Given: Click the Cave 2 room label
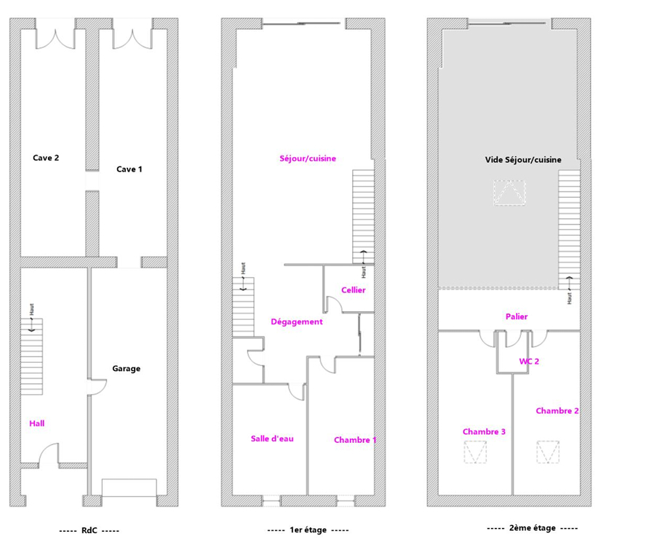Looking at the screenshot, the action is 46,158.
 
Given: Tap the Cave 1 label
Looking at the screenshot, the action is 129,169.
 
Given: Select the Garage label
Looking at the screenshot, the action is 127,369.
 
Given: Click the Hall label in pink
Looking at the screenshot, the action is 37,423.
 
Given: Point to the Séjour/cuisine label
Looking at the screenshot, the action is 308,159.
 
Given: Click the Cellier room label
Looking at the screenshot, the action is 354,290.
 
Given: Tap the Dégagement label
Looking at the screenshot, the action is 297,321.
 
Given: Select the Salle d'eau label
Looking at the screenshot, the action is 272,439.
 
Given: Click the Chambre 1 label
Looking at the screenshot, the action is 355,440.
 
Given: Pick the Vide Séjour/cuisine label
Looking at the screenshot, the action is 523,160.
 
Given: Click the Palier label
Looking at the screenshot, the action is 517,316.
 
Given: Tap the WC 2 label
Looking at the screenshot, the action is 530,361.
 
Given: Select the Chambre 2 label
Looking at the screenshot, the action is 557,411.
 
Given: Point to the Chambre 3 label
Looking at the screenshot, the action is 484,432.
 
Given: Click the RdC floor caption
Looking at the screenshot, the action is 89,531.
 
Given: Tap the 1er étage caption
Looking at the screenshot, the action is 308,529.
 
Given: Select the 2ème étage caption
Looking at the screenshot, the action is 533,528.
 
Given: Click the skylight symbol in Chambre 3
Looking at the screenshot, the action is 475,452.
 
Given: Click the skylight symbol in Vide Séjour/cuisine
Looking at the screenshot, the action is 509,193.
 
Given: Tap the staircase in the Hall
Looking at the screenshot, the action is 32,356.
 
